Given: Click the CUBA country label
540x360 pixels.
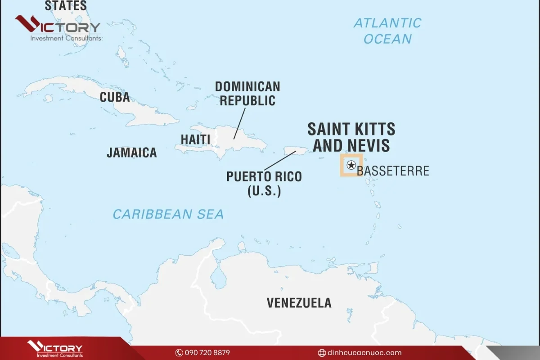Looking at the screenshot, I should click(115, 97).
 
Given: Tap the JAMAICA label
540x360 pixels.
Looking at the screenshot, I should click(131, 153).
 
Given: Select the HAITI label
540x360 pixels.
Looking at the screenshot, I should click(195, 139).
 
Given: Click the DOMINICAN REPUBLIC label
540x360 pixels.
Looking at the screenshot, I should click(247, 94).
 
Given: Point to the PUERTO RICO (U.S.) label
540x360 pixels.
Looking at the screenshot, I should click(264, 183).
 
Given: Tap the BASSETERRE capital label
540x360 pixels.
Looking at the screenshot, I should click(393, 171).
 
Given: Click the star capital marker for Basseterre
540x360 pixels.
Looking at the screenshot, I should click(351, 165).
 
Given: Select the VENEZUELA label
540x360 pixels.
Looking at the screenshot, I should click(299, 303).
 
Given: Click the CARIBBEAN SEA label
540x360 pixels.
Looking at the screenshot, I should click(168, 214).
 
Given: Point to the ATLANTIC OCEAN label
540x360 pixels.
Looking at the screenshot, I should click(387, 31).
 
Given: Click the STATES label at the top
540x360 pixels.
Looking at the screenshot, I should click(66, 6).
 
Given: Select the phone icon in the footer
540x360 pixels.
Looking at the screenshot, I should click(179, 353).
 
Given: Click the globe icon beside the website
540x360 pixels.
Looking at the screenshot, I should click(322, 353).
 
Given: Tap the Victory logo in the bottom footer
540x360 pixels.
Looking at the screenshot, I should click(55, 349).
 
